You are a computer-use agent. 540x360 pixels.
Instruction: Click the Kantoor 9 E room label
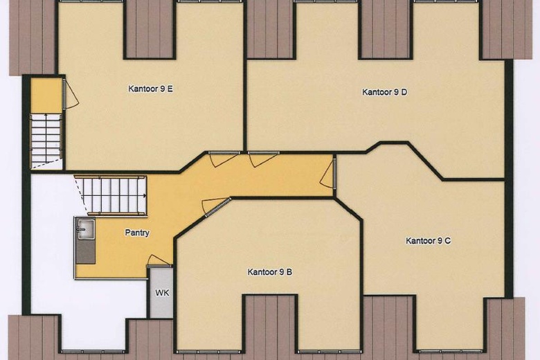[150, 89]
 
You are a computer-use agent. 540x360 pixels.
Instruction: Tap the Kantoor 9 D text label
[384, 92]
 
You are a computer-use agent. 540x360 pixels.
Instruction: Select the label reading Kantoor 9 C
[429, 241]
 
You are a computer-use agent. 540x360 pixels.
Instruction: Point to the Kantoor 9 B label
[269, 272]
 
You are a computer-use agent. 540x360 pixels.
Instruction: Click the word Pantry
[136, 233]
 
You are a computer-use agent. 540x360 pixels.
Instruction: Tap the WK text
[162, 293]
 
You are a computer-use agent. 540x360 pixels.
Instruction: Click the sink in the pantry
[85, 228]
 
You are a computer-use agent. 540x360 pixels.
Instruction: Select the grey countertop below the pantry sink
[85, 251]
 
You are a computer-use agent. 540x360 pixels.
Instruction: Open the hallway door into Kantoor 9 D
[263, 159]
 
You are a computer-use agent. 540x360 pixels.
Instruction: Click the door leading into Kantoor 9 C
[328, 173]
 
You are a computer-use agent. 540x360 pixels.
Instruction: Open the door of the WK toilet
[159, 260]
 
